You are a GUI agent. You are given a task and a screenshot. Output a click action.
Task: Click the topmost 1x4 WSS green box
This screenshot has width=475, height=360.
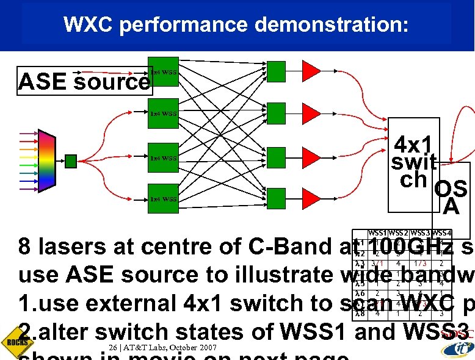click(x=164, y=72)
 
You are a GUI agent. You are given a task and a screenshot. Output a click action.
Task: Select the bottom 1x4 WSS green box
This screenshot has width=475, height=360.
click(x=164, y=199)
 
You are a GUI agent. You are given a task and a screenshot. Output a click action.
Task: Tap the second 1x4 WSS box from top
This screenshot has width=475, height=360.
click(x=164, y=113)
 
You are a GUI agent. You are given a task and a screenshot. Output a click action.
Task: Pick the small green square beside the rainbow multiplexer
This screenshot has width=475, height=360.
click(x=71, y=161)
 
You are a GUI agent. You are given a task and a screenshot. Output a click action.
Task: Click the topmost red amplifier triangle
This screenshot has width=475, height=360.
click(x=312, y=71)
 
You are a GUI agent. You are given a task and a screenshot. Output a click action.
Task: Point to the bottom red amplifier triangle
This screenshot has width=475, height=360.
click(x=312, y=199)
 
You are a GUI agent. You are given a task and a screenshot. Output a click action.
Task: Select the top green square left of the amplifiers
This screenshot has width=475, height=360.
click(x=277, y=71)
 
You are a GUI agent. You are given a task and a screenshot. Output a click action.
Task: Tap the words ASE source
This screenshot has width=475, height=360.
click(x=84, y=81)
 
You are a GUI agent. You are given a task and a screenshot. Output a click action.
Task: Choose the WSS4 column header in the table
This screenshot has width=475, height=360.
click(x=441, y=232)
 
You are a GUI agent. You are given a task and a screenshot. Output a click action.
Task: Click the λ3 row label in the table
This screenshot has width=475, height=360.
click(x=359, y=263)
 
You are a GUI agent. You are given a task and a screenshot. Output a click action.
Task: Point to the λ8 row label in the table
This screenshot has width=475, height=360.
click(x=359, y=314)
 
